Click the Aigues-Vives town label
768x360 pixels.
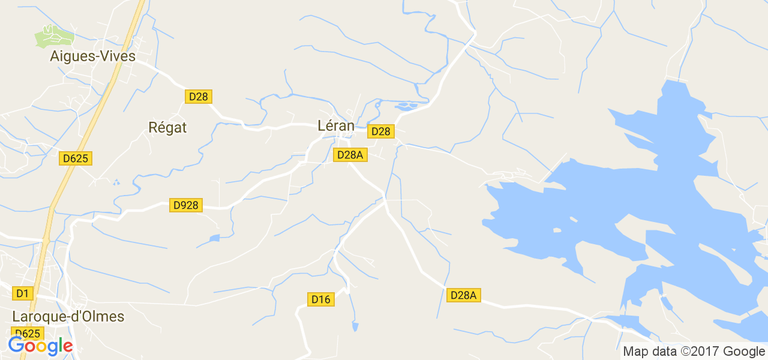(93, 56)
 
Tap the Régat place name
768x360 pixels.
(167, 127)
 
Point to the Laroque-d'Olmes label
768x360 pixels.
(68, 316)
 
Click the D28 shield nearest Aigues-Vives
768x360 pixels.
(199, 97)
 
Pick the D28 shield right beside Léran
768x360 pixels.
(380, 131)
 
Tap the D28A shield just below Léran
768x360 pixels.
(350, 155)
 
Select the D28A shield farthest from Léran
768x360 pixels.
(464, 295)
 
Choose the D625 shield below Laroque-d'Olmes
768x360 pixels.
(28, 334)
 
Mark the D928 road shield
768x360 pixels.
(185, 205)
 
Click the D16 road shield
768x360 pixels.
(321, 299)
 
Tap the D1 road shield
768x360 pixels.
(22, 293)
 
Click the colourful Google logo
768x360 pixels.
(40, 346)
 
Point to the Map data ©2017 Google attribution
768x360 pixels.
(693, 352)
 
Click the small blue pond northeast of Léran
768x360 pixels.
(406, 107)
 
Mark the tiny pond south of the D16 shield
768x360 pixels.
(355, 327)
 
